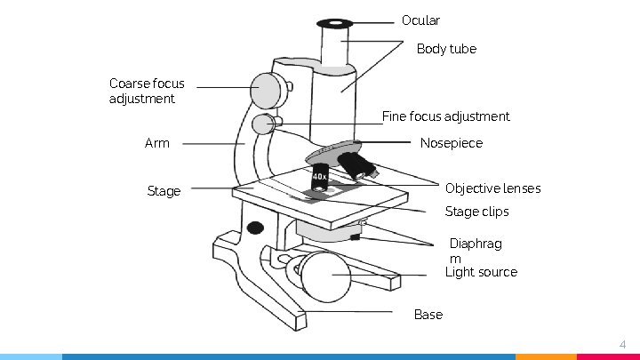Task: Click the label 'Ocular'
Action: pyautogui.click(x=420, y=20)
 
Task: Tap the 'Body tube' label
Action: pyautogui.click(x=446, y=49)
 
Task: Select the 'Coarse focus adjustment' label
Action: pyautogui.click(x=147, y=91)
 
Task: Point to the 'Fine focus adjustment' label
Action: pyautogui.click(x=445, y=116)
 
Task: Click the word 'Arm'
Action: pyautogui.click(x=156, y=143)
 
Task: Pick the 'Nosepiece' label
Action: pyautogui.click(x=451, y=143)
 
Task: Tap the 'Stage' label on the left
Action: pyautogui.click(x=163, y=191)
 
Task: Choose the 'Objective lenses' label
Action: pyautogui.click(x=492, y=188)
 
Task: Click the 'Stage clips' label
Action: pyautogui.click(x=476, y=212)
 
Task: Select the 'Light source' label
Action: pyautogui.click(x=480, y=272)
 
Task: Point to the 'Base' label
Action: pyautogui.click(x=428, y=315)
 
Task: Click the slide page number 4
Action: pyautogui.click(x=622, y=344)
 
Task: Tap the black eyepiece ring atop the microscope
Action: pyautogui.click(x=335, y=22)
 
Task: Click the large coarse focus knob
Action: pyautogui.click(x=266, y=90)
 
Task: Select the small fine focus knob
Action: pyautogui.click(x=263, y=124)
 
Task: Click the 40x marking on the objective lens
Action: pyautogui.click(x=319, y=177)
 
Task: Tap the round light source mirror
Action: pyautogui.click(x=325, y=276)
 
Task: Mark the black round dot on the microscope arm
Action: pyautogui.click(x=255, y=228)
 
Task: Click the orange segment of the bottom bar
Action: pyautogui.click(x=546, y=356)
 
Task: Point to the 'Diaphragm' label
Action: pyautogui.click(x=475, y=251)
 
